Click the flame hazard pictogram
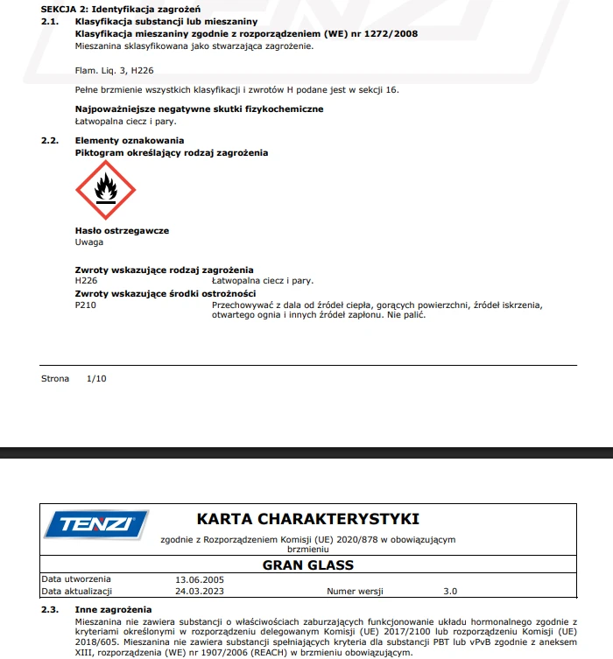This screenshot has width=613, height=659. tap(106, 190)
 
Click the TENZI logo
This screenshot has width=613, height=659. tap(95, 524)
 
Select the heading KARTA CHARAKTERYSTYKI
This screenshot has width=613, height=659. tap(307, 519)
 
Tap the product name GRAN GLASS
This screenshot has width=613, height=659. tap(307, 565)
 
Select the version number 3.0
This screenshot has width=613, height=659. tap(450, 591)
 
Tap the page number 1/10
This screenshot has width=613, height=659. tap(96, 378)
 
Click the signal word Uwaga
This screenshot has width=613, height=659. tap(89, 242)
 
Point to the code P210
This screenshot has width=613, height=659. tap(87, 305)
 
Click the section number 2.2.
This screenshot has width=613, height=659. tap(50, 140)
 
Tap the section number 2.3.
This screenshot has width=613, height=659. tap(50, 609)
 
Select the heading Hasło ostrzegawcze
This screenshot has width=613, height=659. tap(122, 231)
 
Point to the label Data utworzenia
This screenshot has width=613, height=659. tap(76, 579)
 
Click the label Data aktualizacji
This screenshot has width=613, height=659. tap(79, 591)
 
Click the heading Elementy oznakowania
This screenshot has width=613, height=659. tap(130, 140)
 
